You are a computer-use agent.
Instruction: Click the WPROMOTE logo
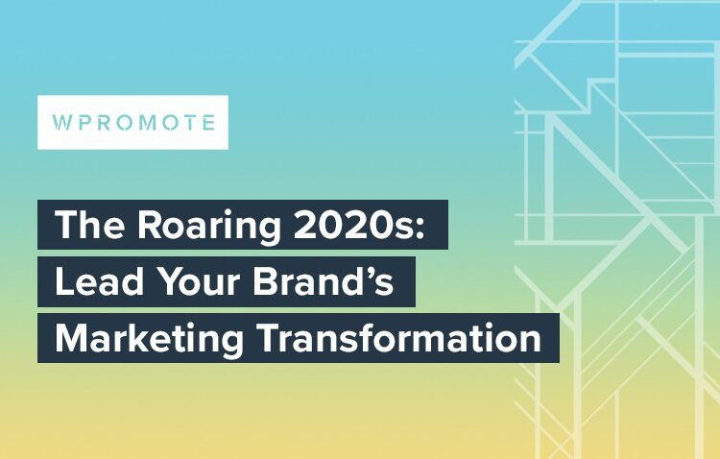pyautogui.click(x=132, y=123)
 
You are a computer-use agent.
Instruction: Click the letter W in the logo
pyautogui.click(x=60, y=124)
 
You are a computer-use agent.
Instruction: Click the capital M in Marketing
pyautogui.click(x=69, y=340)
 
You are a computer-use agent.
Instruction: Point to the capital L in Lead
pyautogui.click(x=62, y=283)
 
